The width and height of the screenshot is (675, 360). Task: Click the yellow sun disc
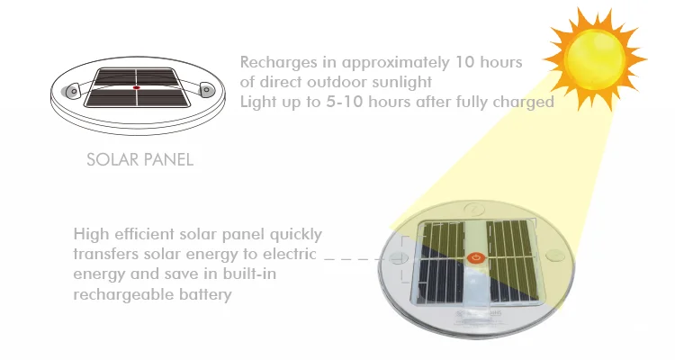coord(595,59)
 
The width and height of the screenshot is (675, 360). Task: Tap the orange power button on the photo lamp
coord(476,258)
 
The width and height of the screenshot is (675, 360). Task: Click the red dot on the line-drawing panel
coord(137,87)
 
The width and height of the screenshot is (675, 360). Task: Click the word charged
coord(523,103)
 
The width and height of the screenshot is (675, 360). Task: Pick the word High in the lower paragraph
coord(91,235)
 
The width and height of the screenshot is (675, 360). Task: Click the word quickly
coord(296,235)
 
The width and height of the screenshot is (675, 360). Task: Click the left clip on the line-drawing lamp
coord(73,91)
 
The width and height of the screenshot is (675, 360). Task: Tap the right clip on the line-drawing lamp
coord(207,89)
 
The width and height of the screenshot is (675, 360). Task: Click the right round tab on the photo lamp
coord(555,256)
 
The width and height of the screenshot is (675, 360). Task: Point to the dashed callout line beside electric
coord(353,259)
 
